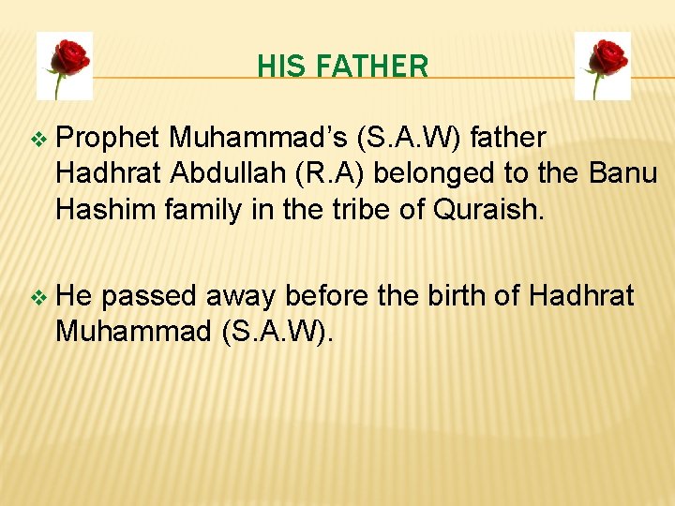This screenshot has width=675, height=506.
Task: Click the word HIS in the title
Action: pyautogui.click(x=276, y=67)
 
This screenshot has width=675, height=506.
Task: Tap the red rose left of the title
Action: pyautogui.click(x=66, y=66)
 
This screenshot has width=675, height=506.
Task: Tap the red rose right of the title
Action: pyautogui.click(x=602, y=66)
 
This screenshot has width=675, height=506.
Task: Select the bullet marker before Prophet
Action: pyautogui.click(x=37, y=140)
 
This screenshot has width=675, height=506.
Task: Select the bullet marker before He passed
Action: pyautogui.click(x=37, y=298)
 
